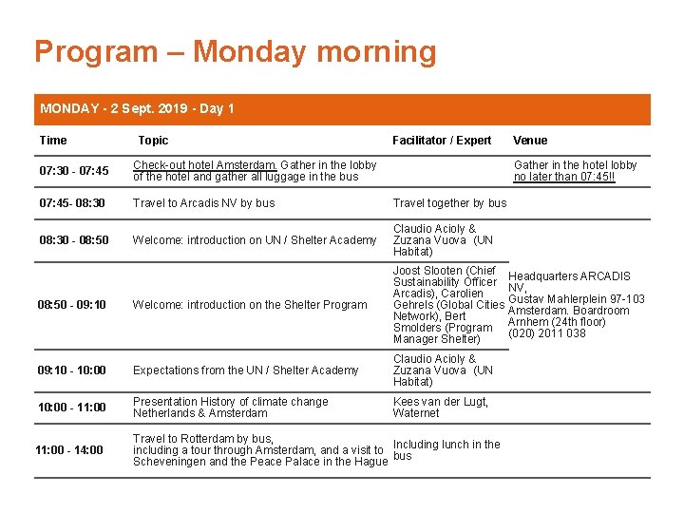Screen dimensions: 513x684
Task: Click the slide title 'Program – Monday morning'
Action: click(x=235, y=51)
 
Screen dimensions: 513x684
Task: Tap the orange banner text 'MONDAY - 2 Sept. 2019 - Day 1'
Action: click(x=137, y=108)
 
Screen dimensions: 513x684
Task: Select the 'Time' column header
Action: click(x=53, y=141)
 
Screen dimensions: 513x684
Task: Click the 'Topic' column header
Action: click(x=153, y=141)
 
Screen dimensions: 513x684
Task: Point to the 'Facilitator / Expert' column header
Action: click(x=442, y=141)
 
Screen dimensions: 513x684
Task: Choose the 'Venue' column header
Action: click(x=530, y=141)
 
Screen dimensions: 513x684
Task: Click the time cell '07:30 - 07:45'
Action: click(x=73, y=171)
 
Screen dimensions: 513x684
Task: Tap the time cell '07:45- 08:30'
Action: click(x=71, y=202)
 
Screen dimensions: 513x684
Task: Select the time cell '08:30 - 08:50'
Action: click(x=73, y=240)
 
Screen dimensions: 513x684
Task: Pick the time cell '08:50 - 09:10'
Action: click(x=71, y=305)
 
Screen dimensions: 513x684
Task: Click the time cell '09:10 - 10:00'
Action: click(x=71, y=370)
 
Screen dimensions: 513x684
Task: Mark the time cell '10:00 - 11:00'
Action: click(x=71, y=408)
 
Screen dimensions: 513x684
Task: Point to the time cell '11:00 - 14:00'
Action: click(x=69, y=450)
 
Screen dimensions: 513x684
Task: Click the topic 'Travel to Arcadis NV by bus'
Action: click(x=203, y=202)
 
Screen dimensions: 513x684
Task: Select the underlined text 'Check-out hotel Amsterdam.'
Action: click(x=204, y=165)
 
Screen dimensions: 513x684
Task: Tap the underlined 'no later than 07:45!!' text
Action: click(x=564, y=177)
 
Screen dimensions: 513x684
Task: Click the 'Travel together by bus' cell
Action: click(x=449, y=202)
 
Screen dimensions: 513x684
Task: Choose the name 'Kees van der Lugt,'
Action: click(x=440, y=402)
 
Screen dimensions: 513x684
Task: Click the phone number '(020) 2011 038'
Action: click(x=547, y=333)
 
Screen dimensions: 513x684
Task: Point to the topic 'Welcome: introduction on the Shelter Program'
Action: click(x=250, y=305)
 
